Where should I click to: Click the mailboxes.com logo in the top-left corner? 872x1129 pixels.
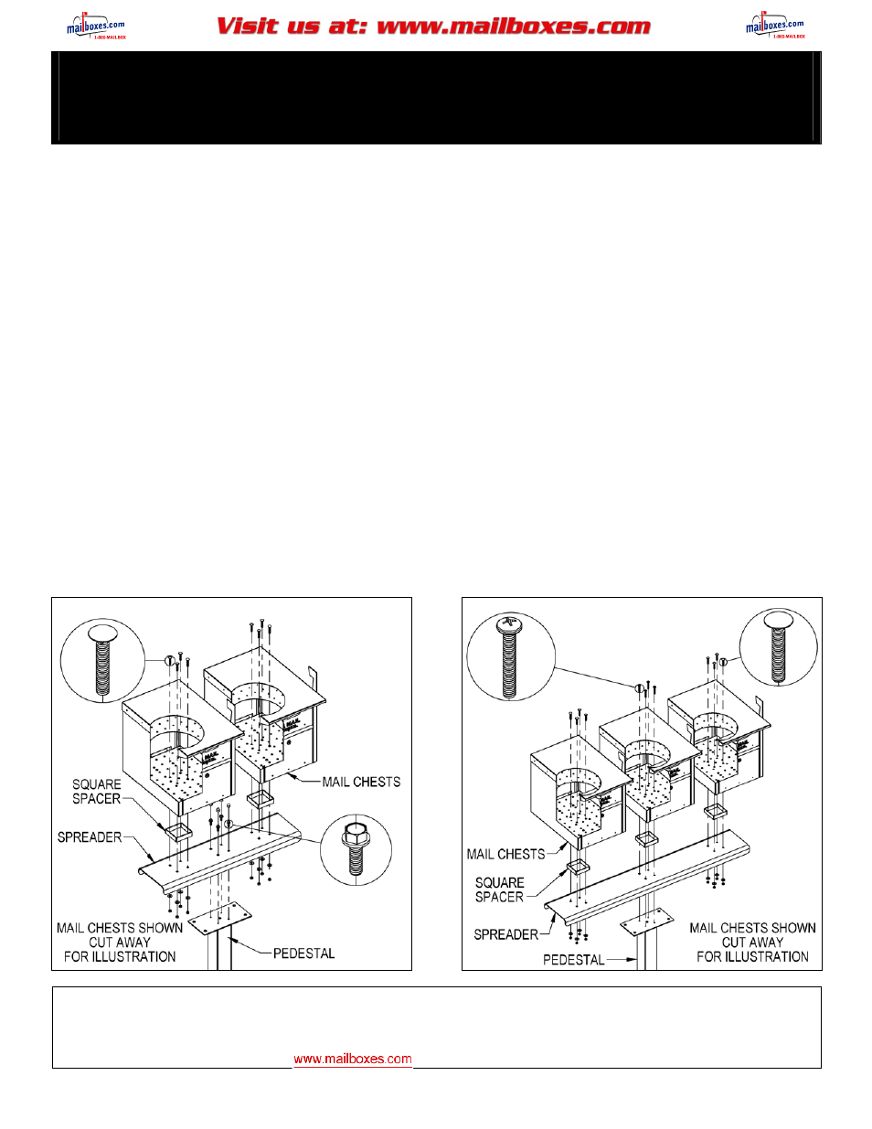coord(95,27)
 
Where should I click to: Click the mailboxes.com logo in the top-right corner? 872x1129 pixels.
coord(774,27)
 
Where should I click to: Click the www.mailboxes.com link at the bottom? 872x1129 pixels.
coord(352,1059)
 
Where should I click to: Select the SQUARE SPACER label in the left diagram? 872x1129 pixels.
coord(97,792)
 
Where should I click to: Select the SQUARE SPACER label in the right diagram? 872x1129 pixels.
coord(499,889)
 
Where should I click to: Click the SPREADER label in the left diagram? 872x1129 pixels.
coord(90,837)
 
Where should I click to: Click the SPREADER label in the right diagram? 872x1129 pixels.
coord(505,934)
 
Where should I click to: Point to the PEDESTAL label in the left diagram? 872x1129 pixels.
coord(303,953)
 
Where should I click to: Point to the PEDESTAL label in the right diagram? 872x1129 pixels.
coord(573,960)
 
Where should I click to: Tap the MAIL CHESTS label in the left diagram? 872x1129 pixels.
coord(361,783)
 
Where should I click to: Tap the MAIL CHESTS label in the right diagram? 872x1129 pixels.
coord(505,854)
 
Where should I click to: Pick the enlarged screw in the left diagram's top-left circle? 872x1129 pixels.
coord(101,661)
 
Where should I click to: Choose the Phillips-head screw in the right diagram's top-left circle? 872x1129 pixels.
coord(509,656)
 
